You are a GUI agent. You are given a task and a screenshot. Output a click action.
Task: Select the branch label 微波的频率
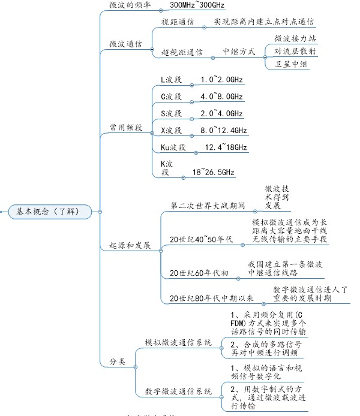tap(130, 4)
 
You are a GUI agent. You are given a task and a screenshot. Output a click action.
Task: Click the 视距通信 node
tap(178, 22)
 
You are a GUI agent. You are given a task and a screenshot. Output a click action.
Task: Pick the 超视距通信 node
tap(182, 53)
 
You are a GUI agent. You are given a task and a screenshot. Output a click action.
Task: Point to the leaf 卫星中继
tap(291, 64)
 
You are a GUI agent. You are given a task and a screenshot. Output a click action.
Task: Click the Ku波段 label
tap(174, 147)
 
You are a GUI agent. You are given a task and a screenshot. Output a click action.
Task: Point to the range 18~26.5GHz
tap(214, 173)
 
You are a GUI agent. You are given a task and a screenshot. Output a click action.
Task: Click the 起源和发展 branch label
tap(130, 246)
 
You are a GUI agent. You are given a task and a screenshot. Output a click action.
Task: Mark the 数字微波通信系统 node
tap(178, 391)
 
